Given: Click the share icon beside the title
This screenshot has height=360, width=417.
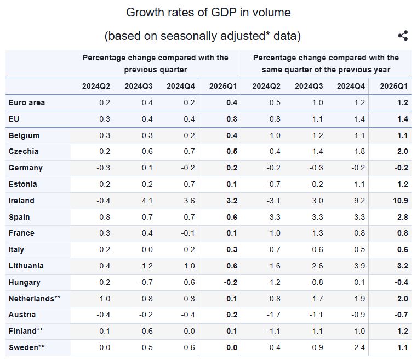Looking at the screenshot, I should pos(403,36).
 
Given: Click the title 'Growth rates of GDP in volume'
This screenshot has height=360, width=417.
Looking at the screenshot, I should pos(208,12).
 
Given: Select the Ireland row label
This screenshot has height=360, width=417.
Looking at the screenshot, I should pos(21,201).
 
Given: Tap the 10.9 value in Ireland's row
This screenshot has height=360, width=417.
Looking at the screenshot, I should pos(400,201).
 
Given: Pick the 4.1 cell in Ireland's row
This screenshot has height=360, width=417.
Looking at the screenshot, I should pos(147,201).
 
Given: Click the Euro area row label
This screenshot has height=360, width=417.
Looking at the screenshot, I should pos(27,102).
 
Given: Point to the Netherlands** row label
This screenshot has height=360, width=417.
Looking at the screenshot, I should pos(34,299).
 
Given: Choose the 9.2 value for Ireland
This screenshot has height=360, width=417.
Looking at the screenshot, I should pos(359,201).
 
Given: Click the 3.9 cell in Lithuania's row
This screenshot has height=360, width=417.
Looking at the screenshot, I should pos(359,266).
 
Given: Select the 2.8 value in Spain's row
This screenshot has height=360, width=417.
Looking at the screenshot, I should pos(402,217).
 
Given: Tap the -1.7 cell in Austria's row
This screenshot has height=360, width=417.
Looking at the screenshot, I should pos(273,315).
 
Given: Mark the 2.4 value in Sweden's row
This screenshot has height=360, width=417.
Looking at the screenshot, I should pos(359,347).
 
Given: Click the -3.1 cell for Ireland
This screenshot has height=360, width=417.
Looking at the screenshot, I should pos(273,201).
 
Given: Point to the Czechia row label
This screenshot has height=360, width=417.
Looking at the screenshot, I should pos(24,151).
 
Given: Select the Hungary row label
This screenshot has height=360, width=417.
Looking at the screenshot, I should pos(25,282).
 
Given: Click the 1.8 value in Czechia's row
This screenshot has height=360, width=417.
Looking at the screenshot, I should pos(359,151).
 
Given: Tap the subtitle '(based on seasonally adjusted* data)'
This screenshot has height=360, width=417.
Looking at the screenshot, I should pos(202,36).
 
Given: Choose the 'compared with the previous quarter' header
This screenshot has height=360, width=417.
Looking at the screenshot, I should pos(155,64).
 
